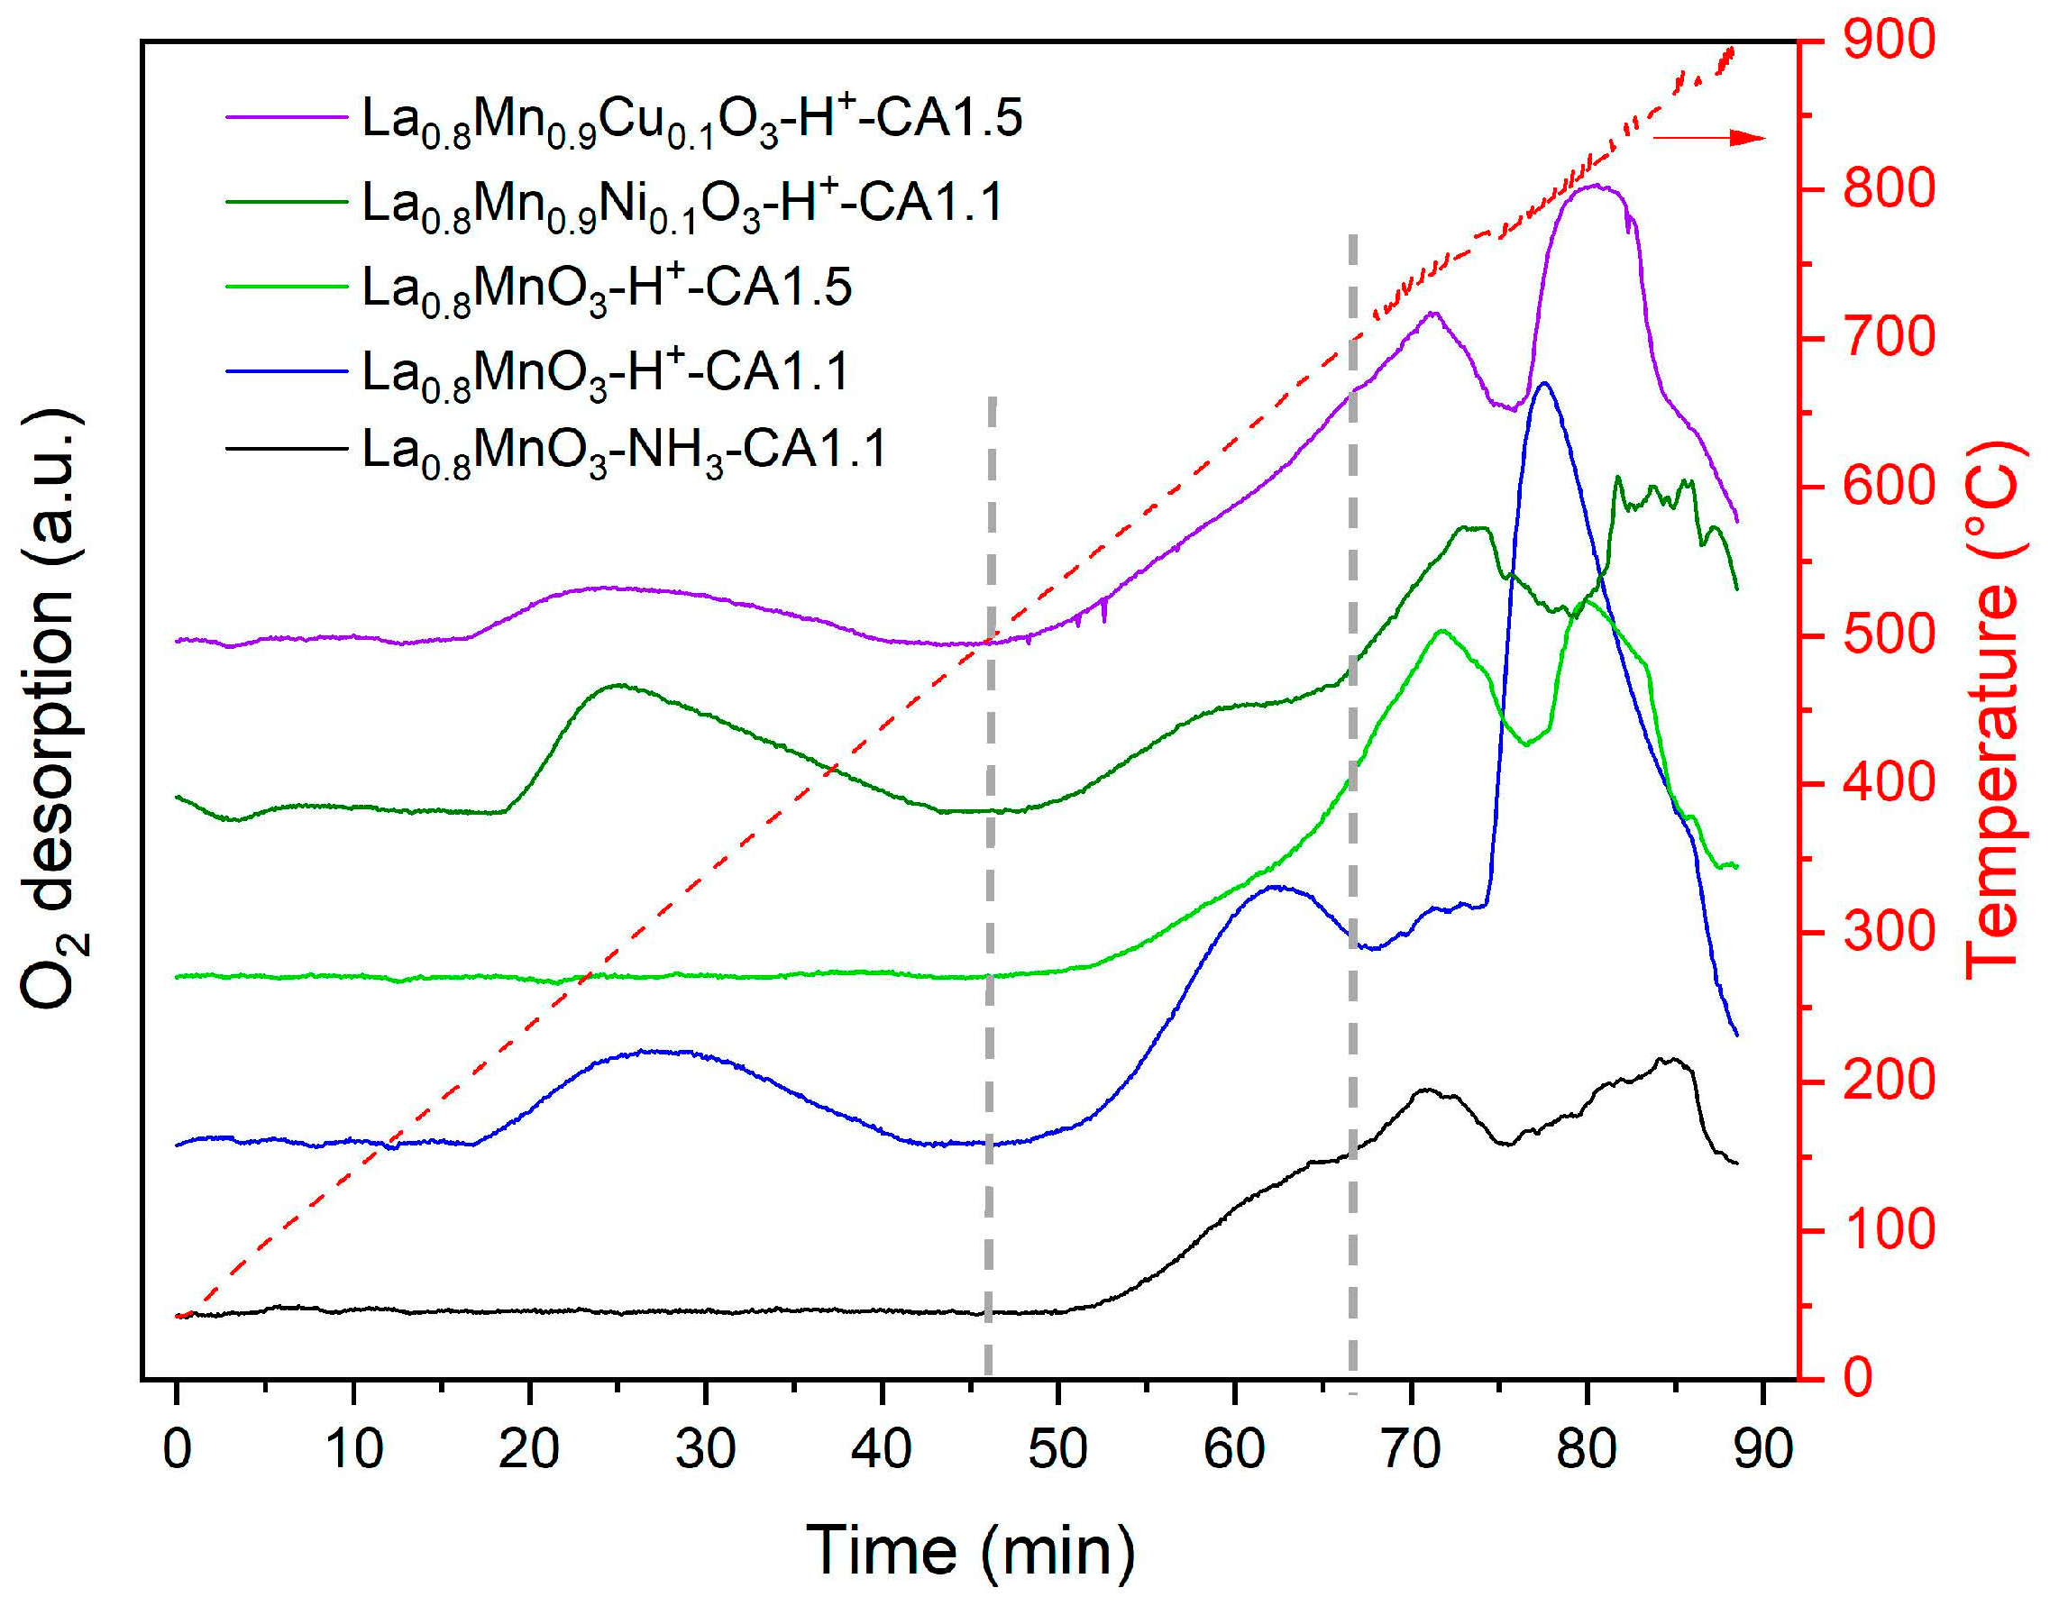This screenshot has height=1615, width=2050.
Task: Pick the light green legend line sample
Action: point(287,286)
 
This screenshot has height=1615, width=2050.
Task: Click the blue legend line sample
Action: point(287,370)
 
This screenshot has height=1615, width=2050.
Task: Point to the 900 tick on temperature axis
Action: point(1888,41)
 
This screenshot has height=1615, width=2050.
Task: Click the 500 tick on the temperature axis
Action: point(1888,635)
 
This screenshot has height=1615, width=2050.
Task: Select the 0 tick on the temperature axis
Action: point(1857,1378)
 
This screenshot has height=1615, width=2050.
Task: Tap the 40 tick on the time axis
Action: point(882,1448)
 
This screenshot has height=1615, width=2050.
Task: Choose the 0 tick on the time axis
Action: point(177,1448)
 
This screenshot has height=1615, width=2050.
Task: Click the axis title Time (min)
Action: point(970,1551)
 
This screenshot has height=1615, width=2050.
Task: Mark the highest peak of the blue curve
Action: point(1544,383)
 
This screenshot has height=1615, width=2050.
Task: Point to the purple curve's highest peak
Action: point(1594,186)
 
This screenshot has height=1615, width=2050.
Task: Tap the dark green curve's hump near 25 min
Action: point(618,685)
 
